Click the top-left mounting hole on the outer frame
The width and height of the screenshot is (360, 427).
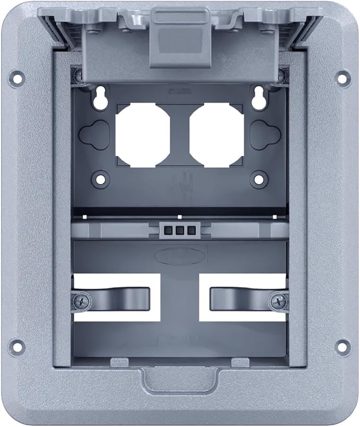click(17, 78)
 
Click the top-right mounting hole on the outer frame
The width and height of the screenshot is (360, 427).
click(344, 77)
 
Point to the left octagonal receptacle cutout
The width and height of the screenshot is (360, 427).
click(143, 135)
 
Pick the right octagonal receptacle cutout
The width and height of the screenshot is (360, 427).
click(217, 135)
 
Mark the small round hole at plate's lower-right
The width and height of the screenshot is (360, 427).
click(259, 179)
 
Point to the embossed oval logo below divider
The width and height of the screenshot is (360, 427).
click(179, 255)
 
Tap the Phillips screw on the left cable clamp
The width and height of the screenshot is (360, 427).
click(82, 302)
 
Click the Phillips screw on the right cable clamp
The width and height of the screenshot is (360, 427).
click(278, 302)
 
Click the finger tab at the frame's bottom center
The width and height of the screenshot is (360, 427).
click(180, 379)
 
